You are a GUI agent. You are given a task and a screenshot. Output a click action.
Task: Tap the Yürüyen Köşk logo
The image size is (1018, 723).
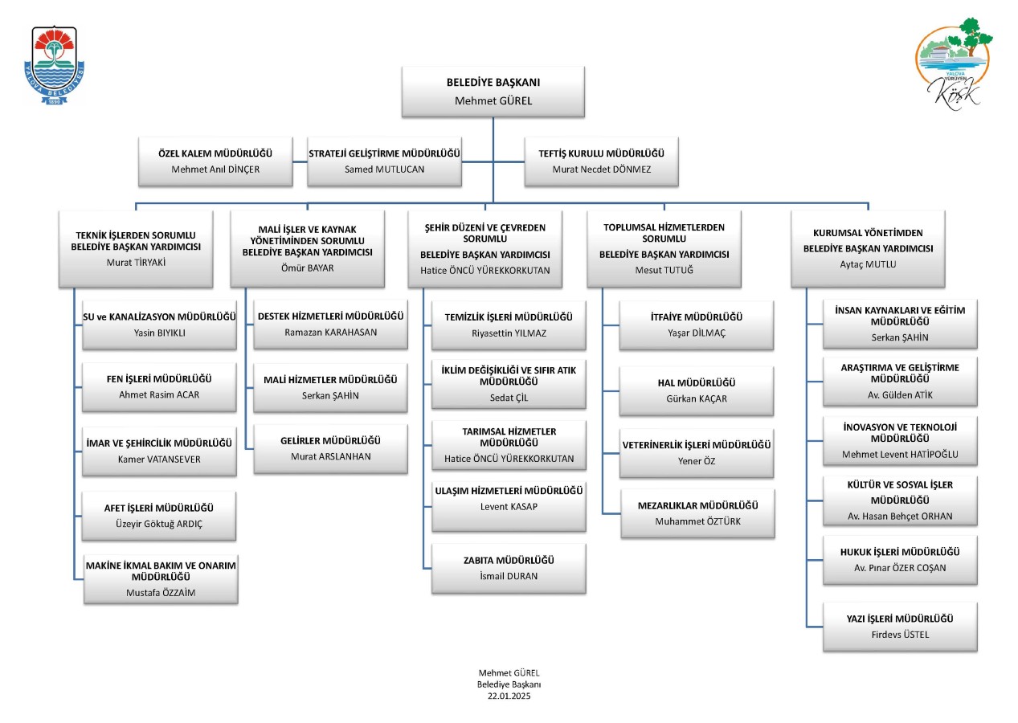tap(954, 63)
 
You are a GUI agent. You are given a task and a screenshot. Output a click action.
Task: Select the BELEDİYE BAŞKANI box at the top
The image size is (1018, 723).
tap(493, 92)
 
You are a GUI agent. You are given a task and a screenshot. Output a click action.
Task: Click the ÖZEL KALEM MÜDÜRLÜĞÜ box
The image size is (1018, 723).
tap(215, 161)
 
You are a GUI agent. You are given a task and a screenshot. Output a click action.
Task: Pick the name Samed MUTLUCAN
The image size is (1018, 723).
tap(384, 170)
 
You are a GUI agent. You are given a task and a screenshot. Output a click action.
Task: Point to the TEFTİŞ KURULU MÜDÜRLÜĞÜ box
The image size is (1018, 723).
tap(601, 161)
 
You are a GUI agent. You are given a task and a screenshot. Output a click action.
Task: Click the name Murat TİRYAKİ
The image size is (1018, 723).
tap(136, 262)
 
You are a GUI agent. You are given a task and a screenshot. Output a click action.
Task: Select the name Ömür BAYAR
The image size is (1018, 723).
tap(307, 268)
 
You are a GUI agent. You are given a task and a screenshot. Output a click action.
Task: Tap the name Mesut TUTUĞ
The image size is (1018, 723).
tap(664, 270)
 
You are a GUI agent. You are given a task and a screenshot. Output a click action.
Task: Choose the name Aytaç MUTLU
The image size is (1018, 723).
tap(868, 264)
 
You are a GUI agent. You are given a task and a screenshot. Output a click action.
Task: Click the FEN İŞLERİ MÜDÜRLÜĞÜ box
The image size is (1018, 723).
tap(159, 386)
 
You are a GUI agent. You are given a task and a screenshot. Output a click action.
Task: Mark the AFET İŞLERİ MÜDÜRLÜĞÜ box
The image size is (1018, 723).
tap(158, 515)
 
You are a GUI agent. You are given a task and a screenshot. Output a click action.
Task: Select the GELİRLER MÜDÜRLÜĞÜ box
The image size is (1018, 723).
tap(330, 448)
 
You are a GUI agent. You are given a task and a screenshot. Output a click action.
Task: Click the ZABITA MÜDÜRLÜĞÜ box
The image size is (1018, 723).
tap(509, 568)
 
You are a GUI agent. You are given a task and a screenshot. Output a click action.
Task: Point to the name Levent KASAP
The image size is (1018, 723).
tap(509, 506)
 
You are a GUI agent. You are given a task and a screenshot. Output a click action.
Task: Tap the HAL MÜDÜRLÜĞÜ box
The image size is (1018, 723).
tap(697, 390)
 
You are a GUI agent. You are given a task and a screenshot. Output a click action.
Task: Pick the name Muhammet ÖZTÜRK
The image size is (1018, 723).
tap(697, 521)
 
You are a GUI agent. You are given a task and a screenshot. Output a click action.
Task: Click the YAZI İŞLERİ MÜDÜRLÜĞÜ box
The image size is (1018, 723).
tap(900, 627)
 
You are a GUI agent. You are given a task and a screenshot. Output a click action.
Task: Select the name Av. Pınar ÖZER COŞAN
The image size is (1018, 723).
tap(900, 568)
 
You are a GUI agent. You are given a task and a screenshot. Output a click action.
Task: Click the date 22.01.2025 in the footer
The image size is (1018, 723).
tap(509, 696)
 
